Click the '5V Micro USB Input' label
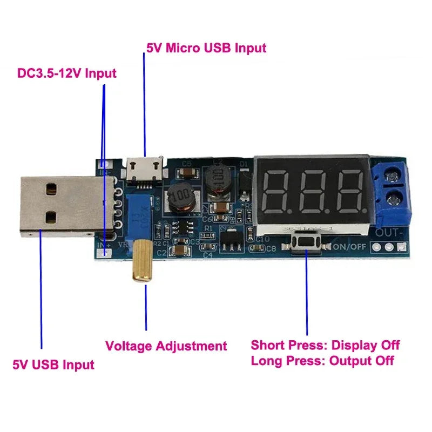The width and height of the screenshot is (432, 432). (x=206, y=48)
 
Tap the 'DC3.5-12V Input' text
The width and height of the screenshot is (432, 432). (x=66, y=73)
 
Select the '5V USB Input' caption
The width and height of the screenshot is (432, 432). (x=53, y=364)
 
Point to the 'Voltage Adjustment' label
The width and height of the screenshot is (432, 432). (x=166, y=346)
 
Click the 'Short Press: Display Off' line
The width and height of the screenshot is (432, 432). (x=325, y=345)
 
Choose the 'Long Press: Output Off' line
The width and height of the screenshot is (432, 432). (x=322, y=361)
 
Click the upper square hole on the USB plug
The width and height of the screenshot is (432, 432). (x=51, y=189)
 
